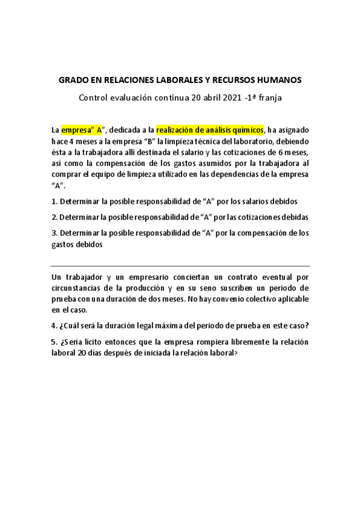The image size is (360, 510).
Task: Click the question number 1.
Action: [53, 201]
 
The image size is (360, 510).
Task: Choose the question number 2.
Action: [53, 217]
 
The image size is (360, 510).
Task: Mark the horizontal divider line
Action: [180, 266]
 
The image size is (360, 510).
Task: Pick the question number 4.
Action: [53, 326]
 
